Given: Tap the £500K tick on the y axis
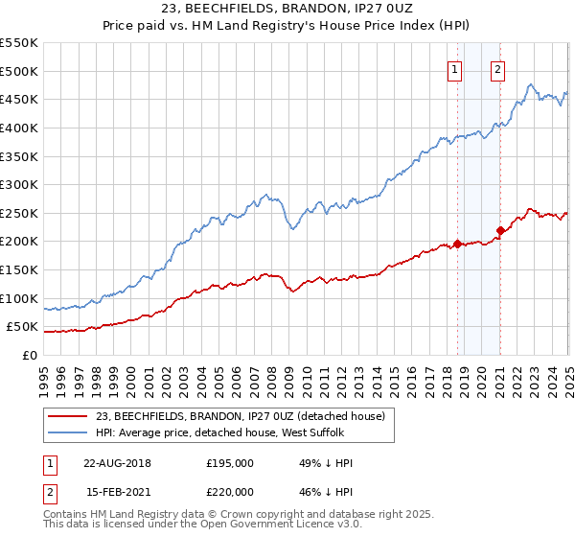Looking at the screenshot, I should pyautogui.click(x=19, y=71).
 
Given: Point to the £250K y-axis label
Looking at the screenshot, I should pyautogui.click(x=19, y=213).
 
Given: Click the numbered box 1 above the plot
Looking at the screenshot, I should pyautogui.click(x=454, y=68).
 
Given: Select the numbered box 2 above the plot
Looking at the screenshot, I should pyautogui.click(x=498, y=68).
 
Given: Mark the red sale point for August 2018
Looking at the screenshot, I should pyautogui.click(x=457, y=244).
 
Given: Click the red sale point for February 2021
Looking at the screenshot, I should pyautogui.click(x=500, y=230).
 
